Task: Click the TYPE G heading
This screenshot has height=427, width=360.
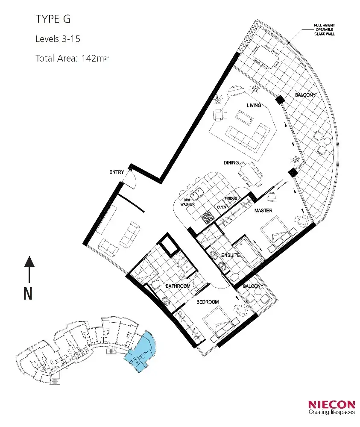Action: [x=53, y=19]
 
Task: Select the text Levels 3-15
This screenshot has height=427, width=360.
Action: [x=58, y=39]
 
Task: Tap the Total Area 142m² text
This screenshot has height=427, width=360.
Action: [x=72, y=59]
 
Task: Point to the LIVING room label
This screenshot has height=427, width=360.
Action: [x=254, y=105]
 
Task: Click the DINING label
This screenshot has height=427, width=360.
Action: [x=231, y=163]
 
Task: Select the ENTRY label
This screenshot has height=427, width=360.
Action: [x=117, y=172]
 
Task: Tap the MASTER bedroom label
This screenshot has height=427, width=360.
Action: [x=263, y=211]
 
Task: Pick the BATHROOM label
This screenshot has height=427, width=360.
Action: [x=178, y=286]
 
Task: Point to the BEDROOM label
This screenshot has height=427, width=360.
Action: [x=208, y=302]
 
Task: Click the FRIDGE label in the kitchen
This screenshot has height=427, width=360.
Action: [x=231, y=199]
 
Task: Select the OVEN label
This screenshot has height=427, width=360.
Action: [x=221, y=207]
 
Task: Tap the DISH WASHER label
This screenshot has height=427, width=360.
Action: [x=187, y=202]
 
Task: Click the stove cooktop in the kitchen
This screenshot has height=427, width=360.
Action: [x=208, y=217]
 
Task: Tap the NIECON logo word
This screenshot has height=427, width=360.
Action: [x=331, y=404]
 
